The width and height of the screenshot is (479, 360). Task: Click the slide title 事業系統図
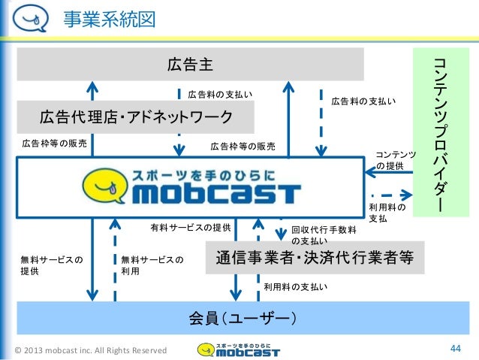click(110, 18)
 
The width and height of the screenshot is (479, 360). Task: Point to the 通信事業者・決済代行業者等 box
click(315, 258)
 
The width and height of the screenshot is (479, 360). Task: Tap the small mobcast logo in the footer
click(238, 349)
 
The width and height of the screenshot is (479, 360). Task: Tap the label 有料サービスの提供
click(190, 226)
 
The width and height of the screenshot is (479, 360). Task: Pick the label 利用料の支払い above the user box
click(295, 287)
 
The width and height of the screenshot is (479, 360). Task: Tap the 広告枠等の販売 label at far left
click(54, 141)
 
